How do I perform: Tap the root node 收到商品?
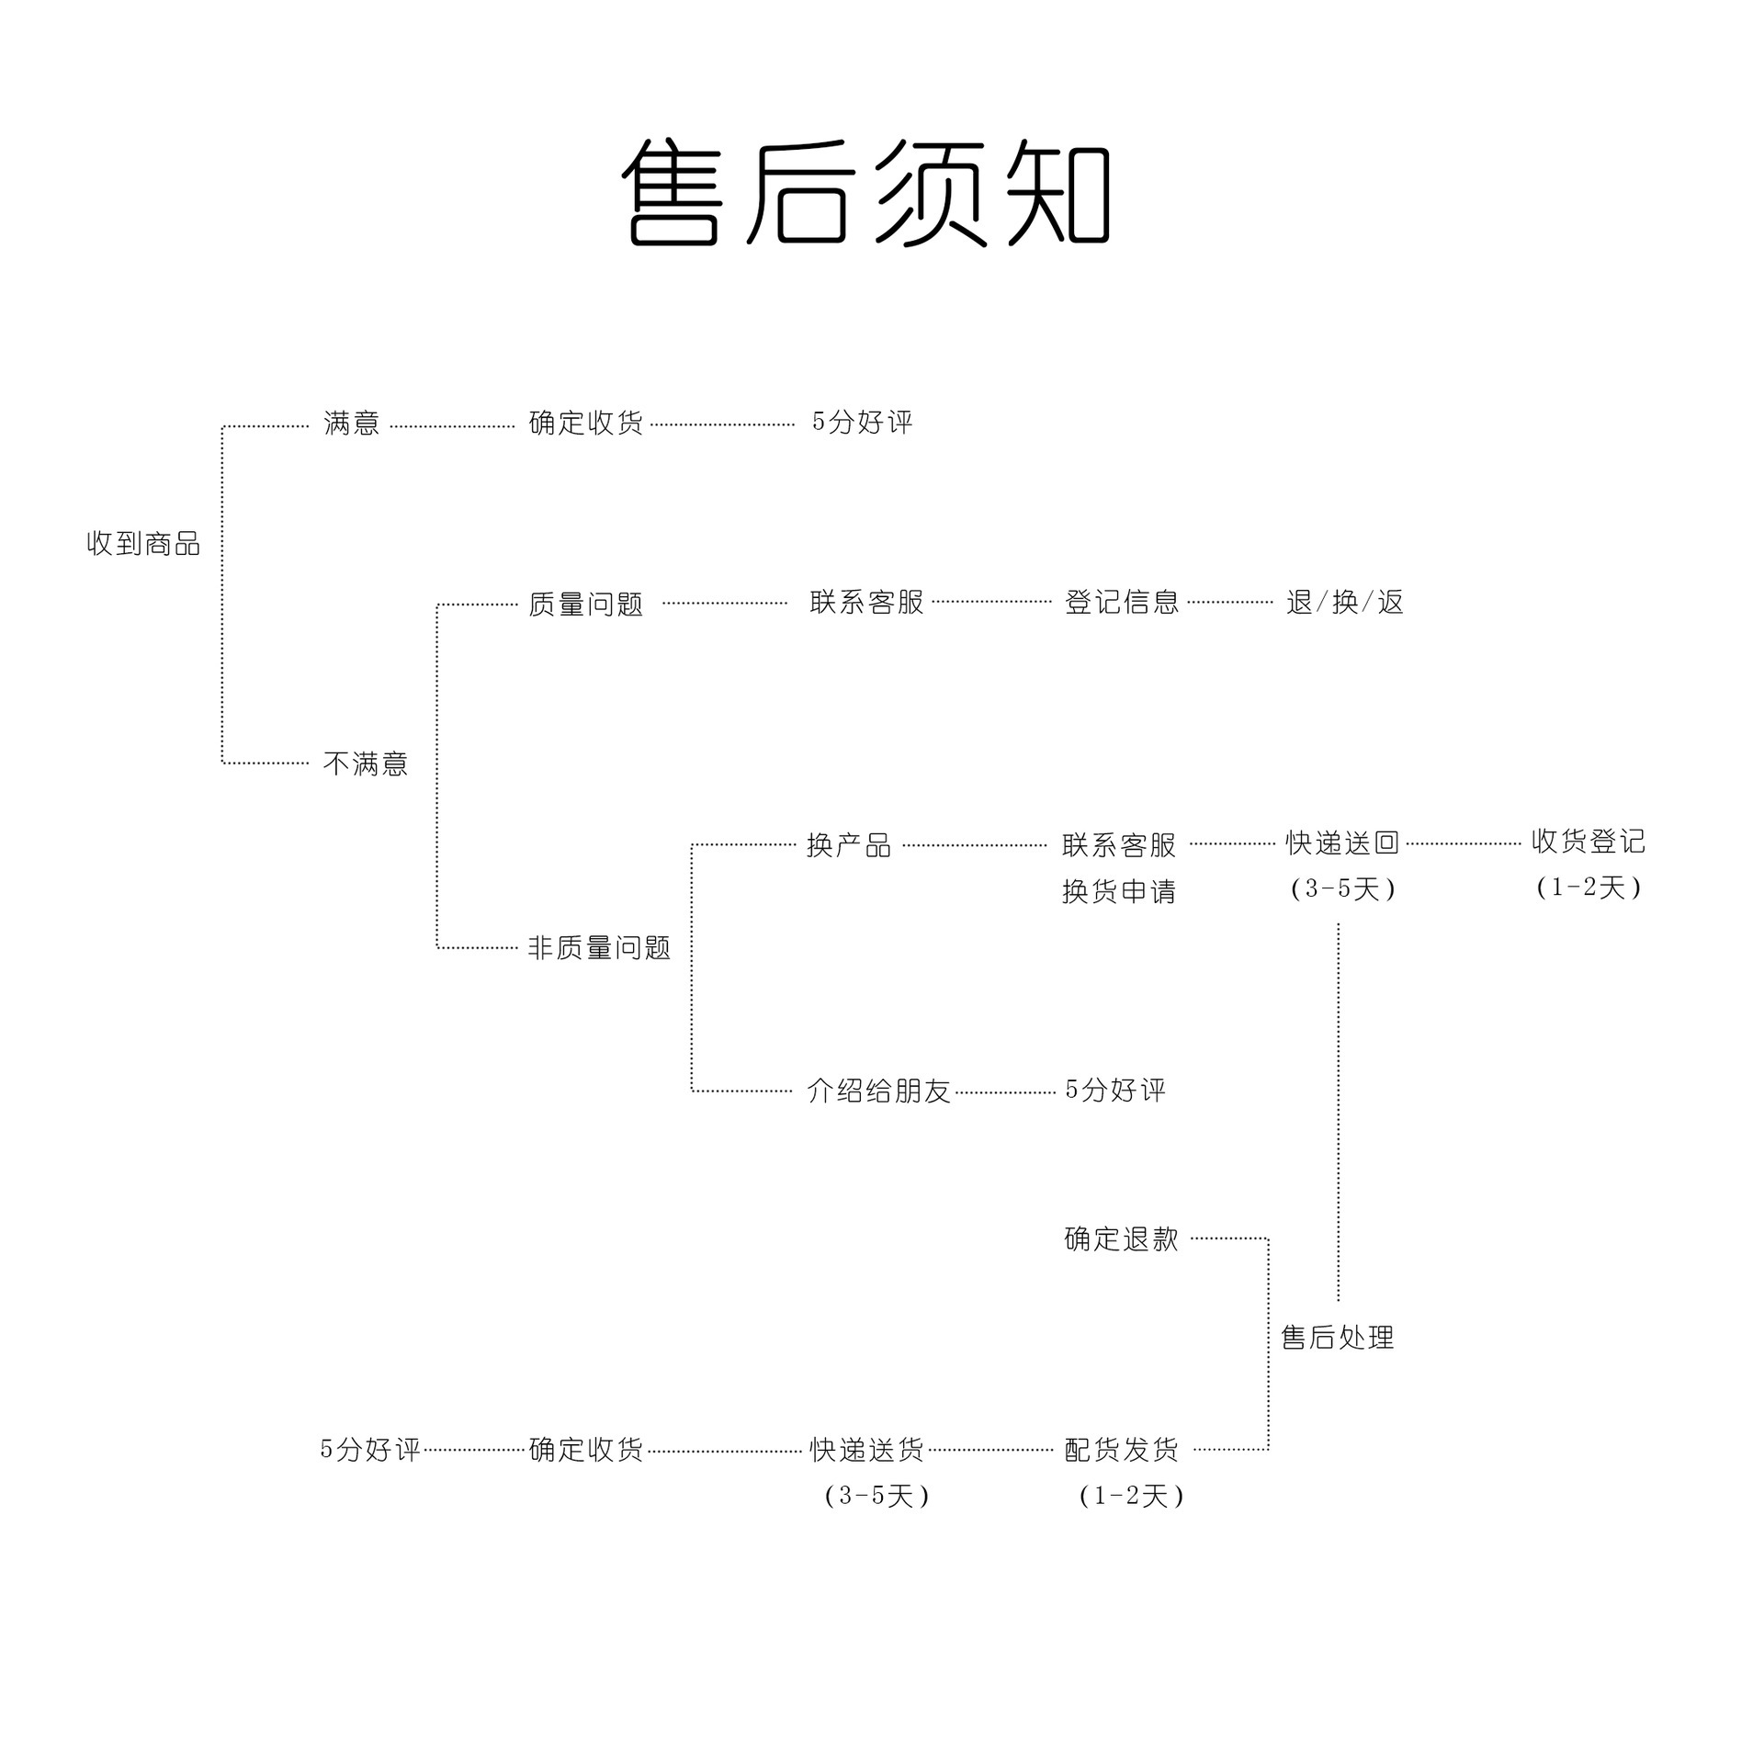(143, 544)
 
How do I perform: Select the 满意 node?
(351, 424)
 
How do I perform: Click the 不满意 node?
(365, 763)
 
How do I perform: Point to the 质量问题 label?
(585, 605)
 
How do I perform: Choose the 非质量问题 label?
(599, 947)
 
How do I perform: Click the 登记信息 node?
(1121, 603)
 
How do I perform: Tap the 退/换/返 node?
(1344, 603)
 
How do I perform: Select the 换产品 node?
(848, 845)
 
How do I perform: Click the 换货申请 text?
(1118, 891)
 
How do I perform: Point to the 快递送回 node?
(1341, 842)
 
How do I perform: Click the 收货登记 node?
(1588, 842)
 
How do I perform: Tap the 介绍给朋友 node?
(877, 1091)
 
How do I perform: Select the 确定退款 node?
(1121, 1239)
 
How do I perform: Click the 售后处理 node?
(1338, 1338)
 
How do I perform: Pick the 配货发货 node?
(1121, 1450)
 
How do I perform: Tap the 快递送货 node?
(866, 1450)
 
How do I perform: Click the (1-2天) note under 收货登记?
(1588, 888)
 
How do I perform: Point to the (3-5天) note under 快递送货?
(876, 1497)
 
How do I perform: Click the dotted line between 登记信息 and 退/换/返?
(1230, 603)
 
